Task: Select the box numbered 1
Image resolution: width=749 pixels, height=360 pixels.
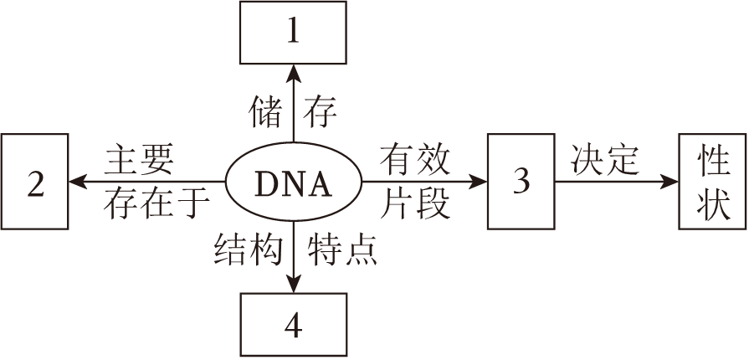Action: [x=293, y=33]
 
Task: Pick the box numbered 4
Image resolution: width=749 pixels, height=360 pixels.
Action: [x=293, y=326]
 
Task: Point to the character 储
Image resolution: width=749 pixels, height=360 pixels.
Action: [x=267, y=111]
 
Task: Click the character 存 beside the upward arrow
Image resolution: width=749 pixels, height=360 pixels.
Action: [x=321, y=111]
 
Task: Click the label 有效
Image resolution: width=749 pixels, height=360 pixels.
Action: [x=416, y=157]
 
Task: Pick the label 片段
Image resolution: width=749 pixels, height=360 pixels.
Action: [x=416, y=203]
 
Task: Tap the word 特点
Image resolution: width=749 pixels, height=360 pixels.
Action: [x=342, y=249]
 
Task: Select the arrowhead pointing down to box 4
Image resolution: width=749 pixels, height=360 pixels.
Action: [x=293, y=286]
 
